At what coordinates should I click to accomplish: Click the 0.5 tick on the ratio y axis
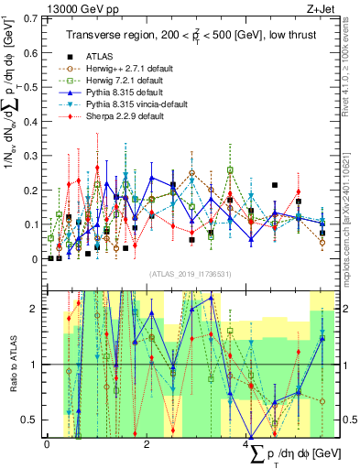(30, 420)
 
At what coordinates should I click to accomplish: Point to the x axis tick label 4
(247, 444)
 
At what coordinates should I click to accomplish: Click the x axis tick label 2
(147, 444)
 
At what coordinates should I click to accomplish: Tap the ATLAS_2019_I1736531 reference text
(191, 274)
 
